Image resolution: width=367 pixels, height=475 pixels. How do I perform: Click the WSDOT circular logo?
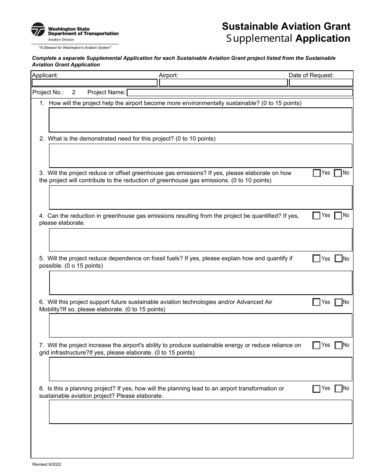tap(38, 29)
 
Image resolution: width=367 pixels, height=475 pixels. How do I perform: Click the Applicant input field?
tap(94, 83)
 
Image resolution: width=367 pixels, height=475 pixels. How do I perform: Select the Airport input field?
tap(223, 83)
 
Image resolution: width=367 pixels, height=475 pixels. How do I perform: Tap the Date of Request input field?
tap(321, 83)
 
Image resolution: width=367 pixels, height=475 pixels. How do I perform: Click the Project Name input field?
tap(240, 93)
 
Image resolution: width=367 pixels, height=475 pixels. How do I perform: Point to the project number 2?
tap(74, 92)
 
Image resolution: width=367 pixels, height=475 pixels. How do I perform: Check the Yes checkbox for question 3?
tap(316, 173)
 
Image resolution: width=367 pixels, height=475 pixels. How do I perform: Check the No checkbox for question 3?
tap(338, 173)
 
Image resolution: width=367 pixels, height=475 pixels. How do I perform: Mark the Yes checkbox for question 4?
tap(316, 215)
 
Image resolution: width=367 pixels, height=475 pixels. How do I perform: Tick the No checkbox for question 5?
tap(338, 259)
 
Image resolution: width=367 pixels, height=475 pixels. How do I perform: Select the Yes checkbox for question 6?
tap(316, 302)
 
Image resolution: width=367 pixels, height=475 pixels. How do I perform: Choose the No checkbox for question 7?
tap(338, 345)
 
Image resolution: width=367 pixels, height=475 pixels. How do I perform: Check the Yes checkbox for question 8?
tap(316, 388)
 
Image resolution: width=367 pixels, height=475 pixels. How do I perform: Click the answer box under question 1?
tap(200, 120)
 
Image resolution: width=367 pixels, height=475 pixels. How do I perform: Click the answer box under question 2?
tap(200, 156)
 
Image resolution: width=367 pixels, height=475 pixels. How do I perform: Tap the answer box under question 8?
tap(200, 412)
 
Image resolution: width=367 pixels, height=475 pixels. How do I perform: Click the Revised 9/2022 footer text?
tap(46, 466)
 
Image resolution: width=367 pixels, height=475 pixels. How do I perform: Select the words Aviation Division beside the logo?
tap(61, 39)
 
